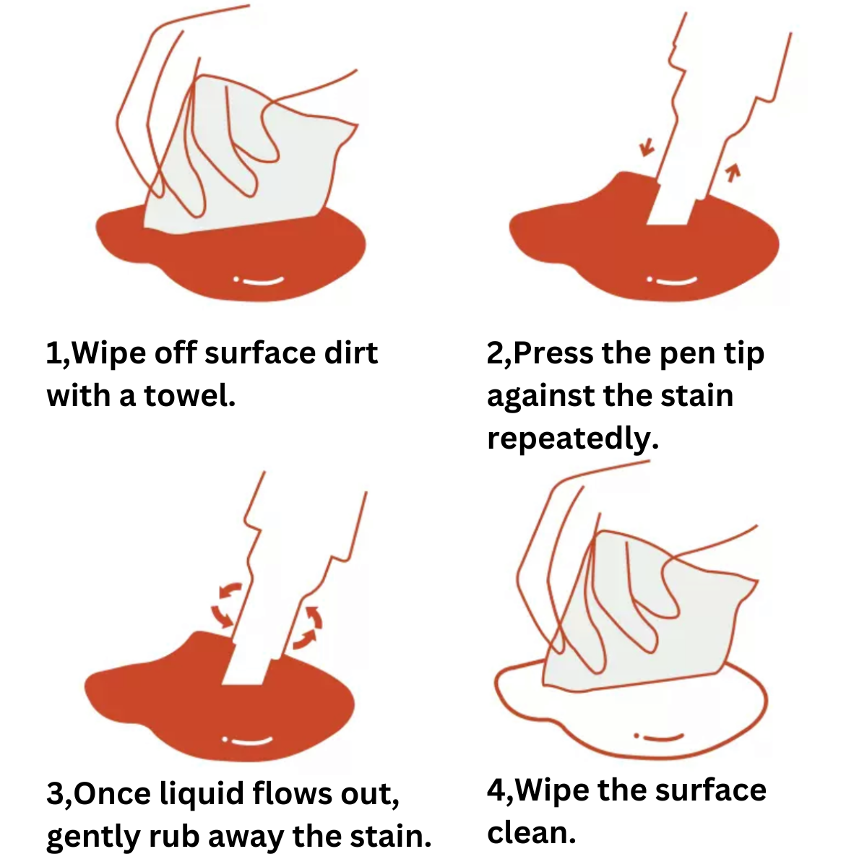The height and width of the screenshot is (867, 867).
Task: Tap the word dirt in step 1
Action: [351, 353]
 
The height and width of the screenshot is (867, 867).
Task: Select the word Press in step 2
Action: [553, 353]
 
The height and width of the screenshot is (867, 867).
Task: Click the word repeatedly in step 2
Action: [573, 439]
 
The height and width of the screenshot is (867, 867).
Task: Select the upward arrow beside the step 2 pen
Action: [733, 173]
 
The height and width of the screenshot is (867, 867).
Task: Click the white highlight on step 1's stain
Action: [259, 281]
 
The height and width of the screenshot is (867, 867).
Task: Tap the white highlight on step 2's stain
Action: [672, 281]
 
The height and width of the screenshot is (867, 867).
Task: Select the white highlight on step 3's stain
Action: [248, 741]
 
